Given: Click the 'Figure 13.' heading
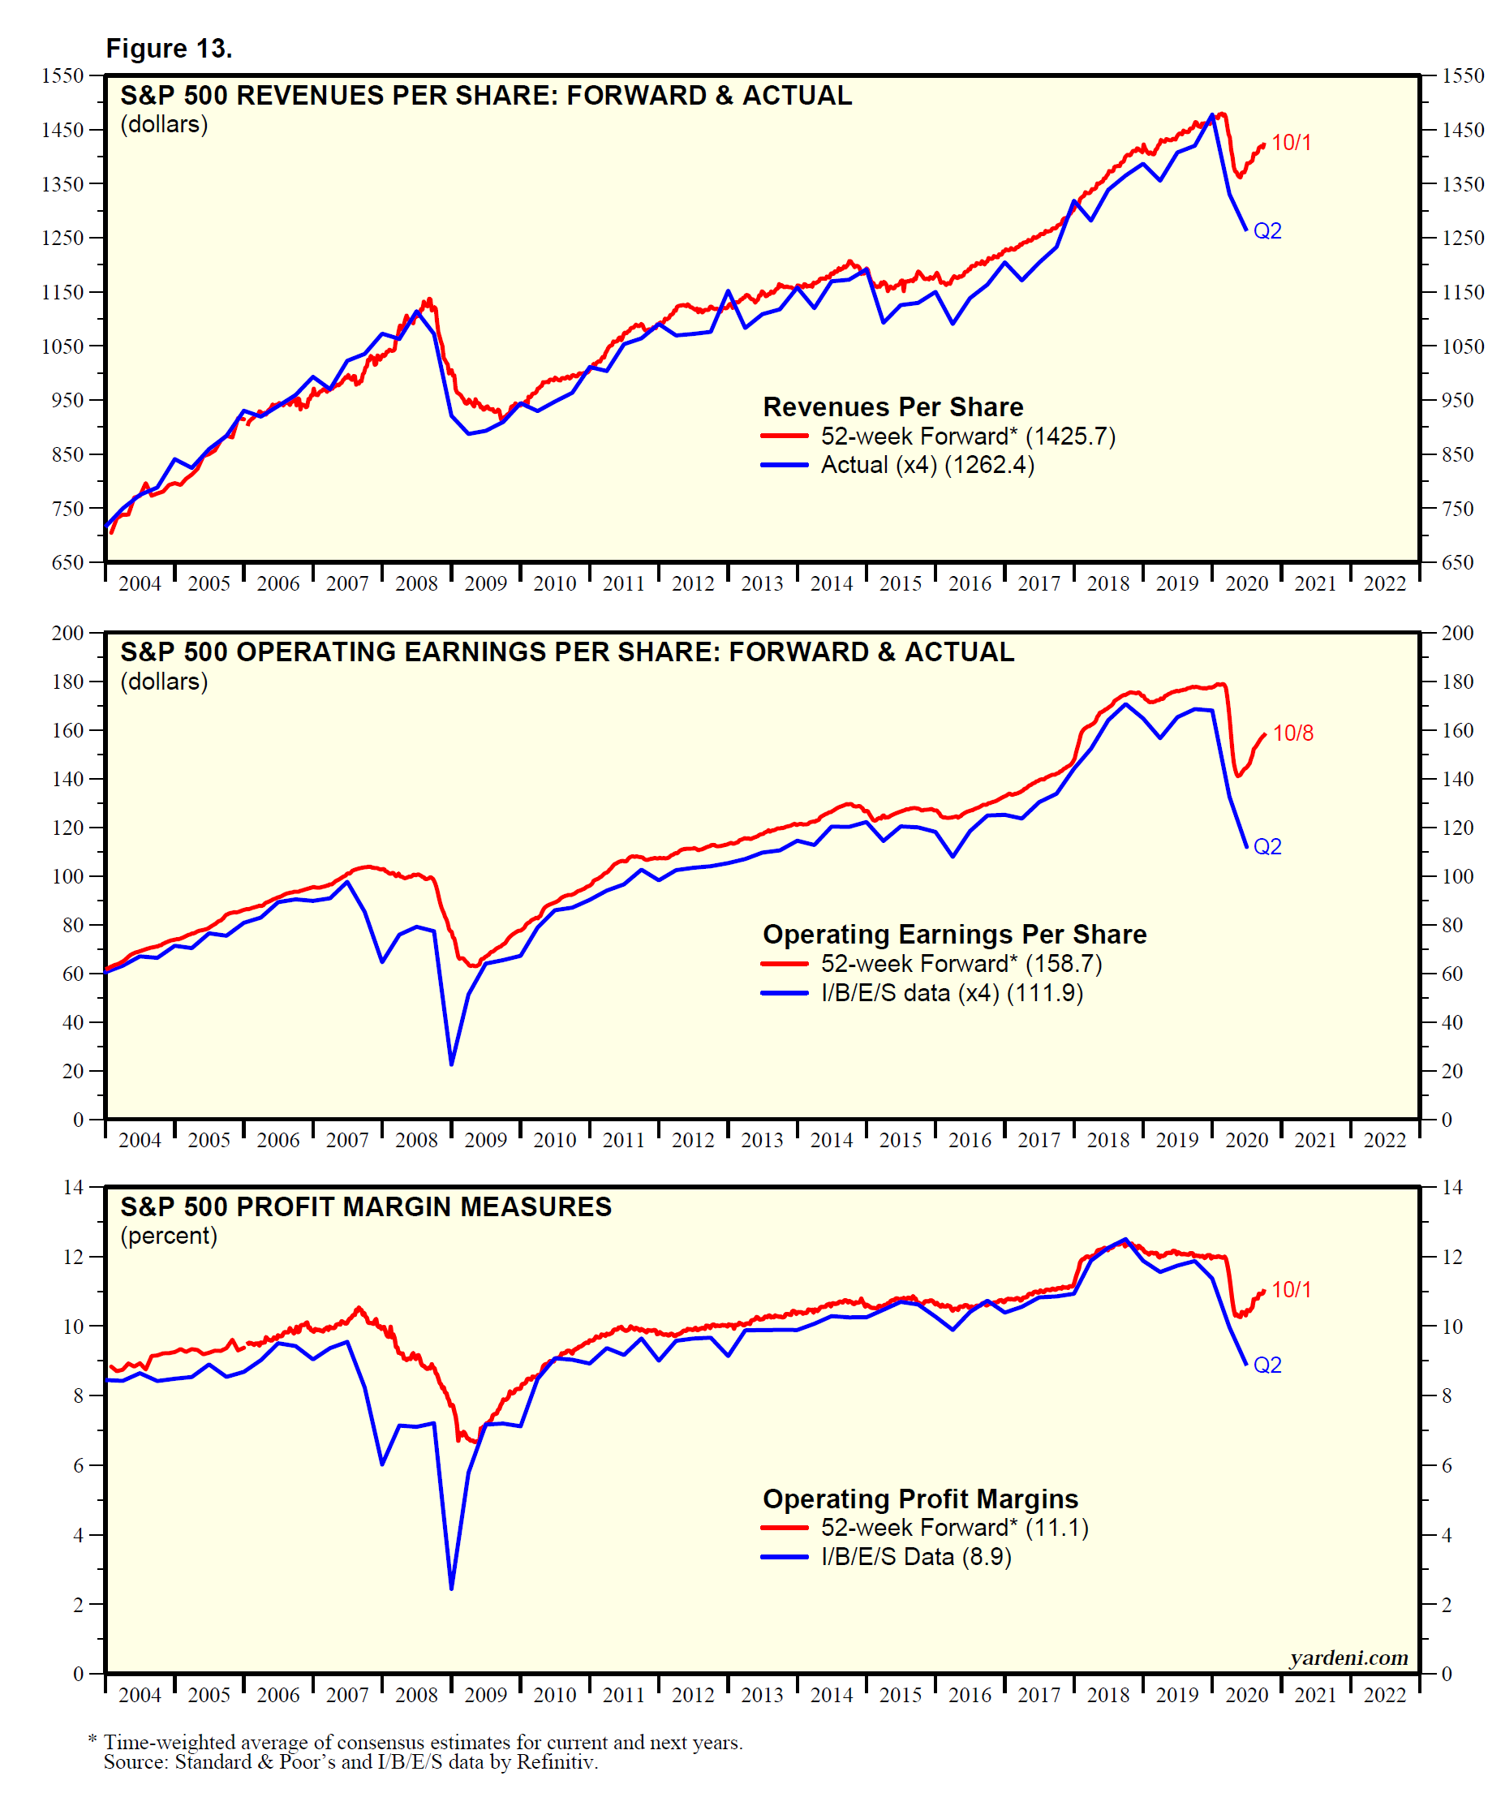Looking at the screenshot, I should [x=169, y=49].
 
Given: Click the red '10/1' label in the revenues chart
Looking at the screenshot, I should [x=1291, y=142].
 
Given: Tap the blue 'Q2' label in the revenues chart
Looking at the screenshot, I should [x=1267, y=230].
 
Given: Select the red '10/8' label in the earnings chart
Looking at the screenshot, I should [x=1292, y=733].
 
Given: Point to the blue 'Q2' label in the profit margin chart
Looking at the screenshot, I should [x=1267, y=1365].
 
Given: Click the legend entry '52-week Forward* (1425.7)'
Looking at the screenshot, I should [x=968, y=436].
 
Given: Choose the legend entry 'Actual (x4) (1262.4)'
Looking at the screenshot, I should [x=927, y=465].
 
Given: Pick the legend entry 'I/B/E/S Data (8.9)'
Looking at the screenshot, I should [x=915, y=1557].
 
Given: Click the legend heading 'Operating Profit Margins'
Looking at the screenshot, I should [x=920, y=1499].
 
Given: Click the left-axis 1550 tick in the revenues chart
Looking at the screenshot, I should [x=62, y=75].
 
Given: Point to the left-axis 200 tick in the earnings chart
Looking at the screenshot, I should [x=67, y=633].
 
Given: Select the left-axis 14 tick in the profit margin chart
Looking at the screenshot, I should [x=73, y=1187].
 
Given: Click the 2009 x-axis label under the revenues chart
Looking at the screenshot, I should [x=485, y=584].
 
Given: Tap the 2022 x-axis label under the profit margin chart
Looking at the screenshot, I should [x=1384, y=1695].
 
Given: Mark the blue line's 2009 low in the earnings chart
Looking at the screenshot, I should [x=452, y=1064].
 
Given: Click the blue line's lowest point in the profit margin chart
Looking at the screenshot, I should [x=452, y=1589].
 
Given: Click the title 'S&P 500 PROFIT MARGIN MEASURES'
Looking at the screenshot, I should [x=366, y=1207].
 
